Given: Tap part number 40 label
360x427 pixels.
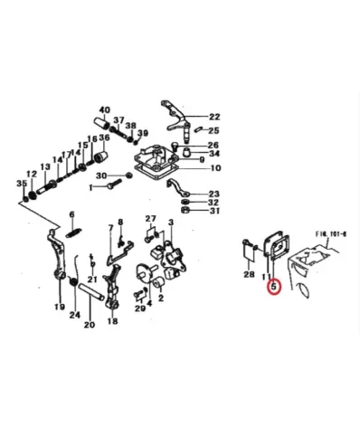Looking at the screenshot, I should coord(104,109).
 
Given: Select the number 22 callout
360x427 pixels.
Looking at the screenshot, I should coord(214,116).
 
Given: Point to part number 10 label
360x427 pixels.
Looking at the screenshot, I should coord(214,167).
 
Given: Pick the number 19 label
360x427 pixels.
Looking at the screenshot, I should coord(59,308).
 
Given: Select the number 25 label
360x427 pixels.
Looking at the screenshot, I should coord(214,130).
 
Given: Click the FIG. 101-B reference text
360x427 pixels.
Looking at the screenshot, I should coord(331,232).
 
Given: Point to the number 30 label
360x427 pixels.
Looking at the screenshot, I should coord(102,176).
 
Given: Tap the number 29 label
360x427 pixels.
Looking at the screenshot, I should coord(139,308).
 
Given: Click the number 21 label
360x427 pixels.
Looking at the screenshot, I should coord(92,279).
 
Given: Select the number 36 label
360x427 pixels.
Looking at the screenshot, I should coord(104,138).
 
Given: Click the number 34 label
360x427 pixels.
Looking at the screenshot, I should coord(214,155).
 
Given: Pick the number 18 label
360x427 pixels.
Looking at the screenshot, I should coord(112,321).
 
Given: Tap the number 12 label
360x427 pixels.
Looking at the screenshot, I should coord(32,172).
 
